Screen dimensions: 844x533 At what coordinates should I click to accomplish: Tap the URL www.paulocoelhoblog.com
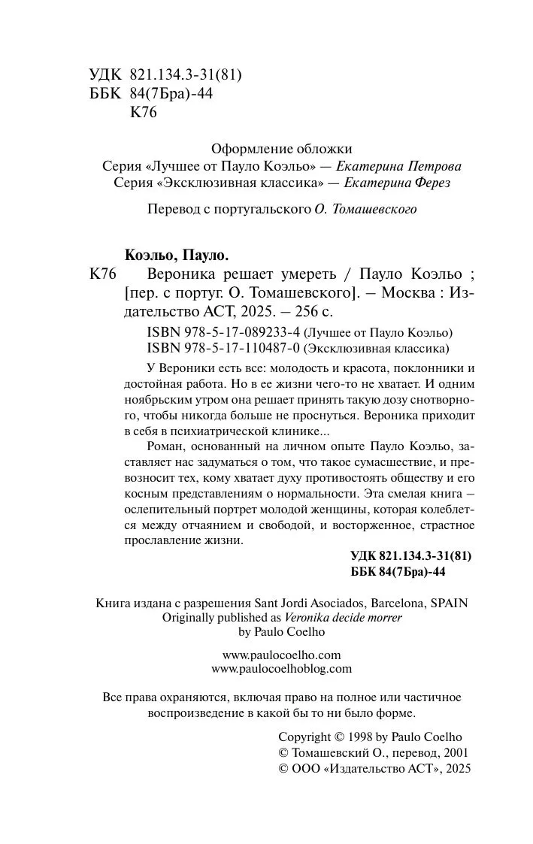pos(282,668)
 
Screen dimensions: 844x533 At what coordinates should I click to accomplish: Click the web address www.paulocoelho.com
pos(282,654)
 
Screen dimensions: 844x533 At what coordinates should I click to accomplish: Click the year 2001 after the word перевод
pos(453,753)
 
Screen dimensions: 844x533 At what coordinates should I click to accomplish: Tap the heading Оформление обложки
pos(282,150)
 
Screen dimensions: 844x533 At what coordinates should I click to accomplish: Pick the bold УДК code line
pos(410,556)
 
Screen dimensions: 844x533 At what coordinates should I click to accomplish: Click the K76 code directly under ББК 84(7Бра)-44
pos(143,113)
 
